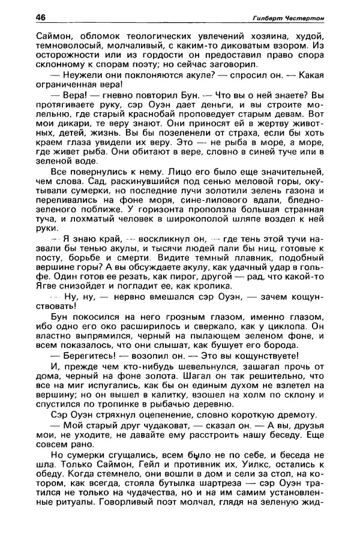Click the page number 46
[41, 17]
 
